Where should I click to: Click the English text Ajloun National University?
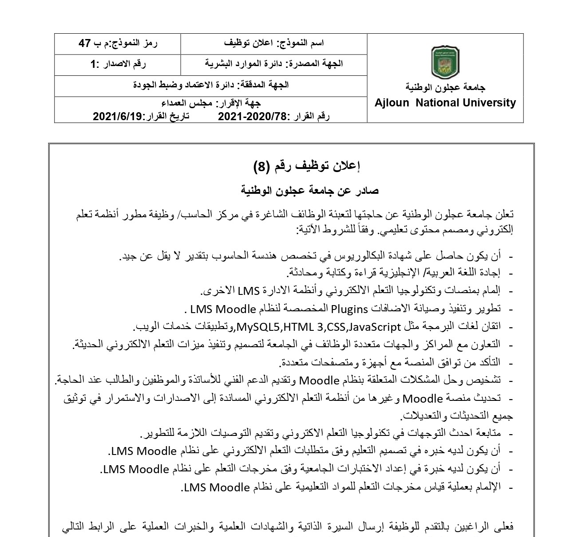tap(445, 103)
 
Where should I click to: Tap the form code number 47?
tap(85, 43)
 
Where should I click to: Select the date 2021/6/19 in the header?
tap(117, 117)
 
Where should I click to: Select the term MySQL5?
tap(259, 327)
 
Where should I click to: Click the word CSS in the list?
tap(336, 327)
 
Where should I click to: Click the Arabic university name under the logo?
tap(445, 87)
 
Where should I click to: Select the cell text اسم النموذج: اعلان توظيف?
tap(274, 43)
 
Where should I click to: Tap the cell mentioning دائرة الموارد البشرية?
tap(274, 64)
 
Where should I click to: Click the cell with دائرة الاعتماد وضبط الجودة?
tap(211, 85)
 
